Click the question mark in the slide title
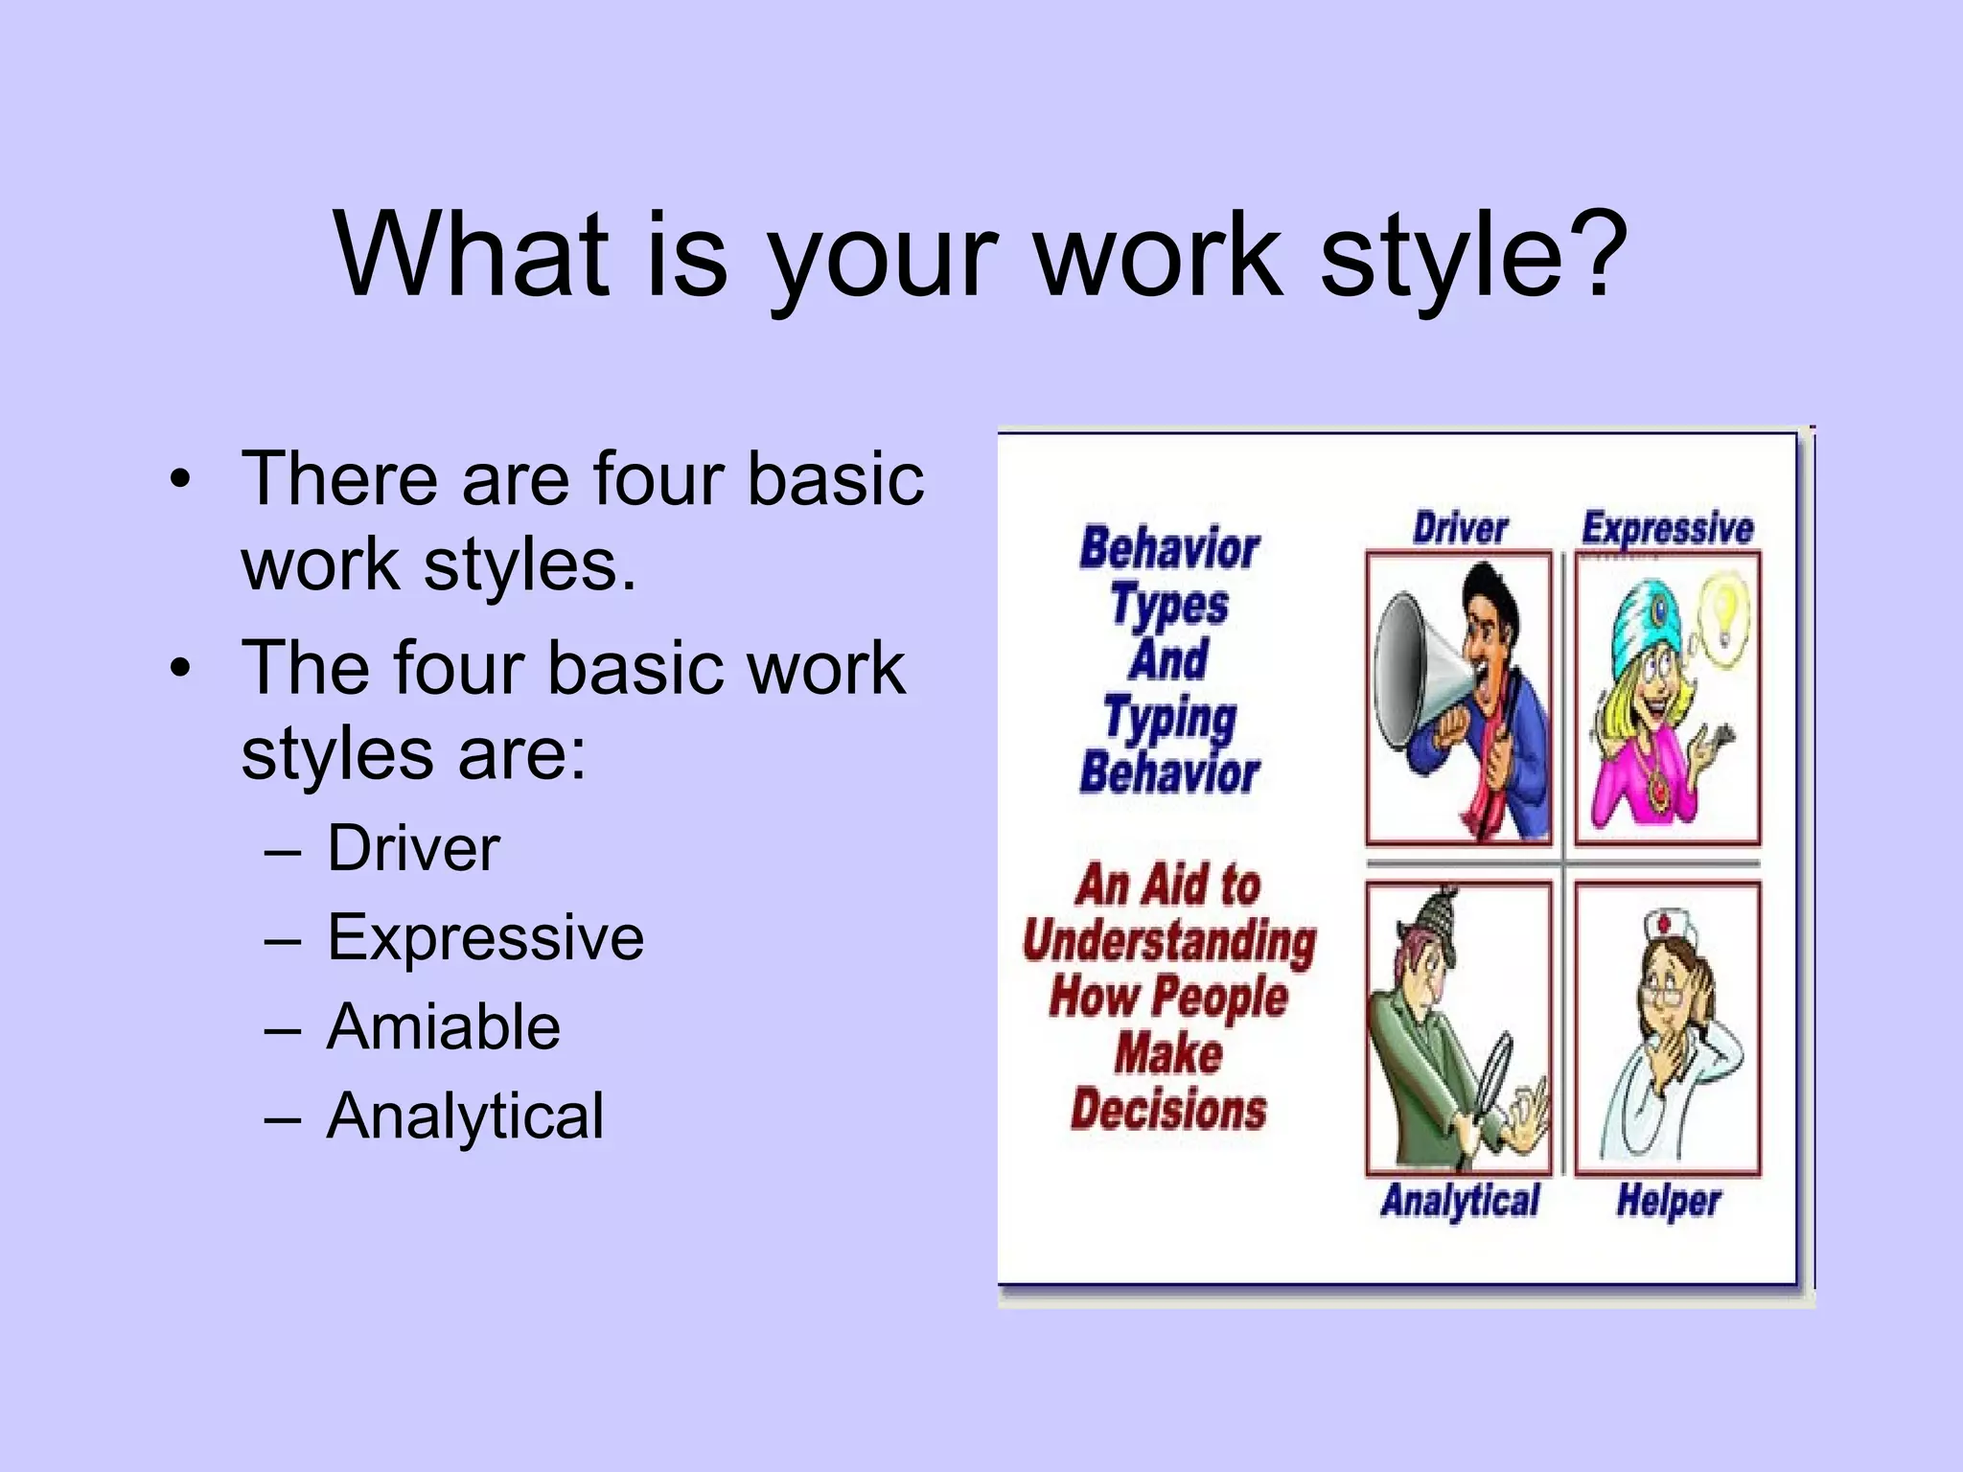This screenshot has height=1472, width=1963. pos(1600,254)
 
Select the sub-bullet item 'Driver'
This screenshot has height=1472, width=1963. pos(413,848)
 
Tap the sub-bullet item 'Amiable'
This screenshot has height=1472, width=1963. pos(443,1026)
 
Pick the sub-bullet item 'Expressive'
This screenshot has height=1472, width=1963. pos(485,937)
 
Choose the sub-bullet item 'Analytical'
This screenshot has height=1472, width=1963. pos(465,1116)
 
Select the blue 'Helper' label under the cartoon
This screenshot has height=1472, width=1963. pos(1669,1201)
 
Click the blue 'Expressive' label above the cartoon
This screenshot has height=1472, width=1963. pos(1667,528)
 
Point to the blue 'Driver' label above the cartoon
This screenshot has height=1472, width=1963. pos(1460,528)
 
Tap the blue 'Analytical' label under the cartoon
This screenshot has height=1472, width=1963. pos(1460,1201)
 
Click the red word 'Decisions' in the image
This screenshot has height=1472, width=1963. pos(1168,1110)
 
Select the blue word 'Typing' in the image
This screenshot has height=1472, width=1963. pos(1169,718)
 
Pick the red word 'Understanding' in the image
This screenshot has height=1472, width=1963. pos(1169,940)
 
